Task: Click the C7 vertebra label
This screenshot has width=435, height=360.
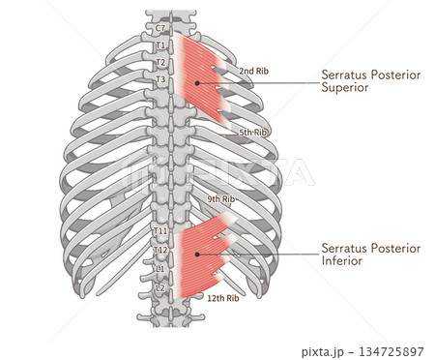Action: point(160,29)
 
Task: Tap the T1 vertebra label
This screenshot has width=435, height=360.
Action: point(160,45)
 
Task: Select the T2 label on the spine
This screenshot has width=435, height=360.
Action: point(160,62)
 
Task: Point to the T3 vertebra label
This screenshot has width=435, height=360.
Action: point(160,78)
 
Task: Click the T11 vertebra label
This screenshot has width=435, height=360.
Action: point(161,231)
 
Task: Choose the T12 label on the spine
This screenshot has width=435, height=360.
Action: point(161,250)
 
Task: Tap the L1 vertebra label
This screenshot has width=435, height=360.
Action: point(160,268)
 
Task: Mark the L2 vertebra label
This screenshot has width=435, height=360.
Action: point(160,287)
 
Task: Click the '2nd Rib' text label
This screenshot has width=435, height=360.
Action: point(253,71)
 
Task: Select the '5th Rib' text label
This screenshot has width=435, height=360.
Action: point(253,132)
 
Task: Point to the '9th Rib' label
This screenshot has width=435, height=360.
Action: point(221,199)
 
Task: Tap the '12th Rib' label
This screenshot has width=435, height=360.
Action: point(223,298)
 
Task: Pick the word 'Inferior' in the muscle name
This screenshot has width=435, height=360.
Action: point(342,260)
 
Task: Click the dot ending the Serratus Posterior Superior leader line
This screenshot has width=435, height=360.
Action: point(196,83)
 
